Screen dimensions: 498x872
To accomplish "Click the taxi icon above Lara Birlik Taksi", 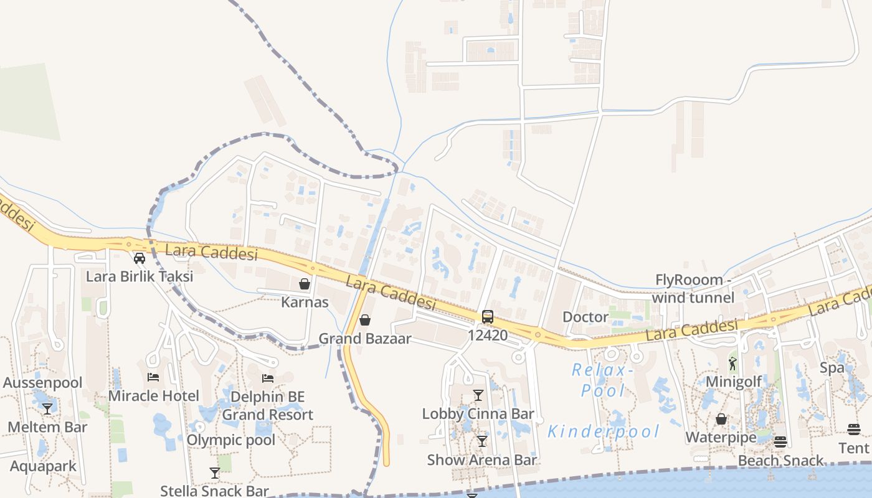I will point(140,258).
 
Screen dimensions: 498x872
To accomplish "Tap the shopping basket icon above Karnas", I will point(305,284).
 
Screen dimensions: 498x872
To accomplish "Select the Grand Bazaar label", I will point(365,339).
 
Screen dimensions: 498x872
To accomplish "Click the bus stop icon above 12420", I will point(488,316).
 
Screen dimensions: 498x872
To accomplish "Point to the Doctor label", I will point(585,317).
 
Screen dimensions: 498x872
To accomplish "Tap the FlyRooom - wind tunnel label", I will point(693,289).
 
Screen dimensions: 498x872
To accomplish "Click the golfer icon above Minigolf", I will point(732,364).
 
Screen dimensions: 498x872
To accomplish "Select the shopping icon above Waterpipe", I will point(721,419).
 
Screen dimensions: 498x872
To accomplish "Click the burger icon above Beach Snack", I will point(780,442).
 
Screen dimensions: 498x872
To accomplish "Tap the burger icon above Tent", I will point(854,430).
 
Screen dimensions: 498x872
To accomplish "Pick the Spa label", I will point(832,367).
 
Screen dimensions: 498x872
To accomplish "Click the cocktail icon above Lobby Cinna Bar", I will point(478,395).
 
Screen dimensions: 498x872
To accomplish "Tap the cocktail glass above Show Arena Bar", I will point(481,441).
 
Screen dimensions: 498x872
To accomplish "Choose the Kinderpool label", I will point(603,431).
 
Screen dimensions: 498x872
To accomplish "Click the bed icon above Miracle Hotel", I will point(153,377).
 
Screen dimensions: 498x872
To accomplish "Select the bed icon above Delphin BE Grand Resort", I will point(268,378).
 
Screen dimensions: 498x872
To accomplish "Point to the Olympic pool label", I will point(231,440).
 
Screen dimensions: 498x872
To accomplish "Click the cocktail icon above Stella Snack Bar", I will point(215,473).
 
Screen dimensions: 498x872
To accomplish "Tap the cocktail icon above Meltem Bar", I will point(47,409).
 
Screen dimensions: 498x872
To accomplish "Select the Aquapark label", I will point(44,466).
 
